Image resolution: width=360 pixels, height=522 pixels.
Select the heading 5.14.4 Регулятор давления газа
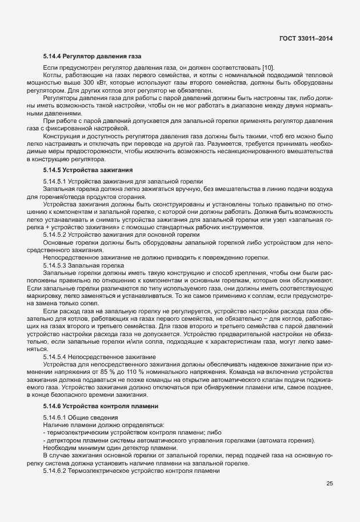click(x=92, y=57)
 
